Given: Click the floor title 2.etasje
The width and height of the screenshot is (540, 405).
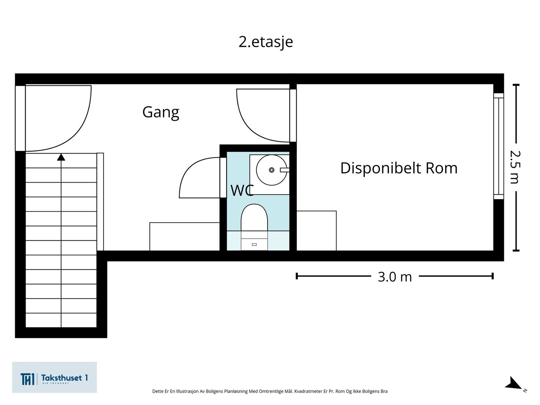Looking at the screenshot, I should pyautogui.click(x=266, y=42).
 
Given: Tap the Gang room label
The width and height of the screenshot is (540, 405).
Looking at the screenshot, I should pyautogui.click(x=161, y=112).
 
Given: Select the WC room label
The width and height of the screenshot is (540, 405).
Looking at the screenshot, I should pyautogui.click(x=242, y=191).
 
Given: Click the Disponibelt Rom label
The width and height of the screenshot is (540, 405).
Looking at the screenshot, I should pyautogui.click(x=399, y=168).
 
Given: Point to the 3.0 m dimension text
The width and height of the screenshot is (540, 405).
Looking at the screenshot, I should pyautogui.click(x=395, y=277).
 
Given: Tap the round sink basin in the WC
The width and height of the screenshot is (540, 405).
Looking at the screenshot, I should pyautogui.click(x=271, y=170).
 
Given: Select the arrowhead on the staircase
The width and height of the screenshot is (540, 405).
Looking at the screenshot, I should pyautogui.click(x=61, y=157).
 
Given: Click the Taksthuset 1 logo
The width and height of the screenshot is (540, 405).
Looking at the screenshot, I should pyautogui.click(x=54, y=377).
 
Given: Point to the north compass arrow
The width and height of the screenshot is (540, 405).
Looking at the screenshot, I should pyautogui.click(x=514, y=384).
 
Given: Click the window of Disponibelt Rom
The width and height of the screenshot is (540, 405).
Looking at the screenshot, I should pyautogui.click(x=498, y=146).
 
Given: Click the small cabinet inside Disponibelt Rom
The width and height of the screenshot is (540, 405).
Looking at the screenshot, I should pyautogui.click(x=316, y=231).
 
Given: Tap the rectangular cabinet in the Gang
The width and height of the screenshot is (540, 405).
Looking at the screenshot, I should pyautogui.click(x=185, y=236).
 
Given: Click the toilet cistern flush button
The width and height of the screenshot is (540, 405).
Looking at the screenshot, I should pyautogui.click(x=254, y=244).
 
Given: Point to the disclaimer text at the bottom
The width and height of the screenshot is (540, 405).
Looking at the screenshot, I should pyautogui.click(x=270, y=391).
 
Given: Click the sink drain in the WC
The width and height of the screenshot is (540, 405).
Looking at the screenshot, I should pyautogui.click(x=271, y=170).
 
